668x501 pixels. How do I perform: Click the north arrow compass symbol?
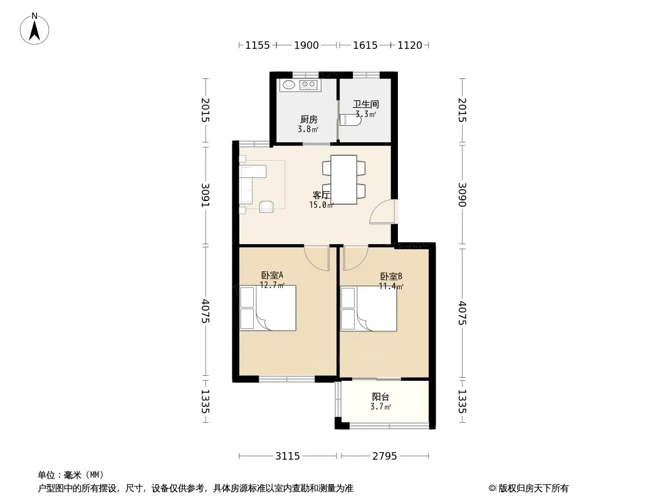click(x=34, y=29)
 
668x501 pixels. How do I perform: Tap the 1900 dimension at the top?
click(x=306, y=45)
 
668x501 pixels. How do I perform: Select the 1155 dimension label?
click(x=258, y=45)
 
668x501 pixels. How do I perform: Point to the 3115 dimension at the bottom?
click(x=288, y=457)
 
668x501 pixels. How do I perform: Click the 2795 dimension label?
click(x=385, y=457)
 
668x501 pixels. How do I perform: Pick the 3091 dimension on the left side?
click(x=206, y=195)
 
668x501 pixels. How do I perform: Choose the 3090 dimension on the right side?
click(x=462, y=195)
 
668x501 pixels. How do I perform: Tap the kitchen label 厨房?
click(x=308, y=119)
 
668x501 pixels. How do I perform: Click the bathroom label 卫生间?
click(x=365, y=104)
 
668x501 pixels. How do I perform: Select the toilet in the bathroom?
click(x=350, y=120)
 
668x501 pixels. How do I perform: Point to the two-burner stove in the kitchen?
click(x=308, y=85)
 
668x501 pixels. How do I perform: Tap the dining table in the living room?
click(x=344, y=180)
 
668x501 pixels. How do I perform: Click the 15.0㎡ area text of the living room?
click(x=321, y=205)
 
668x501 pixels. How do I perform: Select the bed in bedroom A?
click(x=268, y=308)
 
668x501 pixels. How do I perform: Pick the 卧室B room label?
click(x=391, y=276)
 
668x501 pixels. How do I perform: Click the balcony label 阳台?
click(x=380, y=397)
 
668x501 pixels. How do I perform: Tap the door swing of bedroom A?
click(x=317, y=258)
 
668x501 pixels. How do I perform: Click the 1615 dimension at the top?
click(x=365, y=45)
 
